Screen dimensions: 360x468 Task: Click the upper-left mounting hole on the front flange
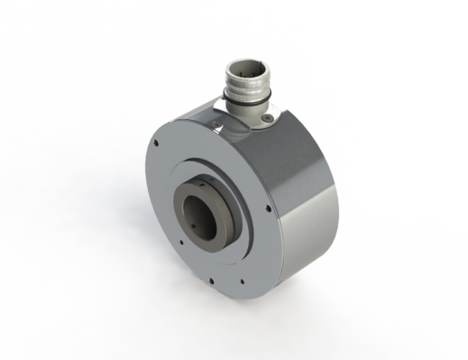coord(156,142)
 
